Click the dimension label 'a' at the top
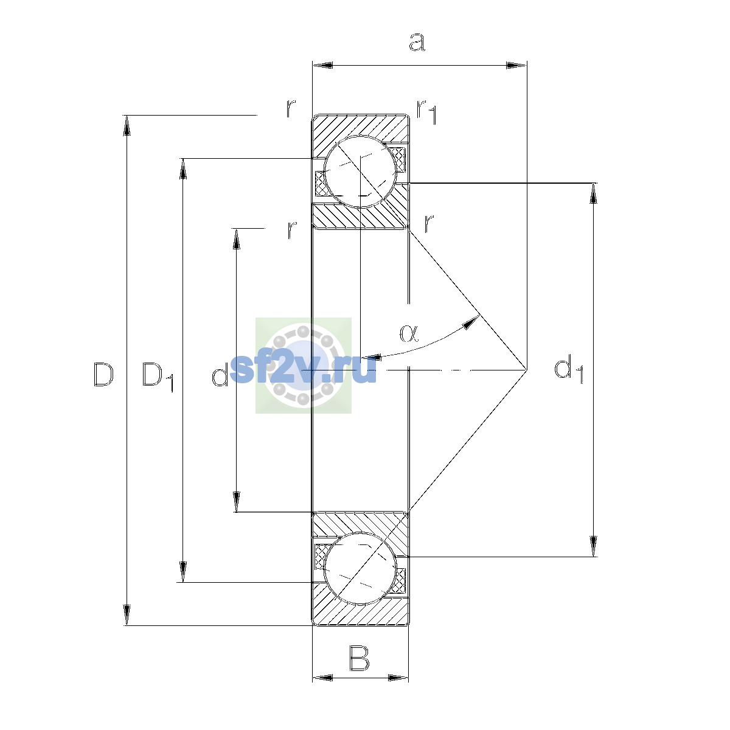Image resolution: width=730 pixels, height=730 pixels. [417, 42]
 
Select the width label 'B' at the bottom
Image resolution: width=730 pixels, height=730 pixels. [359, 659]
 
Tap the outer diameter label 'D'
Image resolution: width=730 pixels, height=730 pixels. [103, 375]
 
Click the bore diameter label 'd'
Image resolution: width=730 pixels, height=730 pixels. [220, 374]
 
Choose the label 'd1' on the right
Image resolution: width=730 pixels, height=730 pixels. [569, 369]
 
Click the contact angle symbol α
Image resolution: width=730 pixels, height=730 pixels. [409, 333]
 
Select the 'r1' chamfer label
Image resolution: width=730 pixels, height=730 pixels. [426, 112]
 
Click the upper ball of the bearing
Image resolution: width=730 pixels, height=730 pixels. [360, 172]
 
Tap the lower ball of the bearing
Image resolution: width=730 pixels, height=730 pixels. [360, 568]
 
